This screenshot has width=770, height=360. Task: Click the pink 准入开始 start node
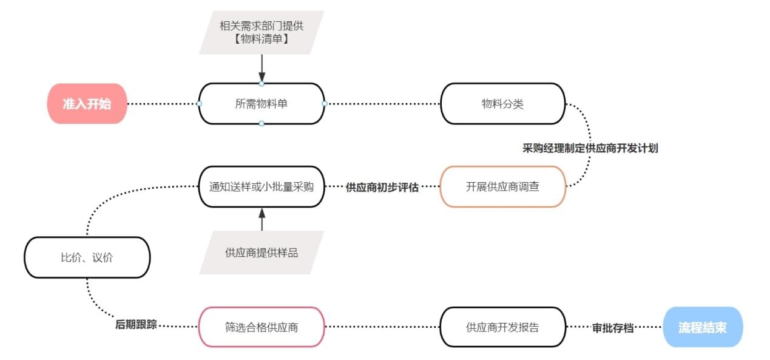(x=87, y=104)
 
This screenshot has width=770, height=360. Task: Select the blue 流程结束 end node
(x=703, y=327)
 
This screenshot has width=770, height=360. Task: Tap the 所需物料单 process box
(x=262, y=104)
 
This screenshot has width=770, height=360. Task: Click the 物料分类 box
(x=502, y=104)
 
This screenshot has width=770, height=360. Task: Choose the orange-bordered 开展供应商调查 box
(x=502, y=186)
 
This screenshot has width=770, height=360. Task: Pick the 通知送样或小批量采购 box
(x=262, y=186)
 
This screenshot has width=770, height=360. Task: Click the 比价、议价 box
(x=87, y=257)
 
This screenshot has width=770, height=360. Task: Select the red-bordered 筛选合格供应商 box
(x=262, y=327)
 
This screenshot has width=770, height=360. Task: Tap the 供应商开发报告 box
(x=502, y=327)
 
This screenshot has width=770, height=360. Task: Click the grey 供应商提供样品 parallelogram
(x=262, y=253)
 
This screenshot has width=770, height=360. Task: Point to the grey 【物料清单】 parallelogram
(x=262, y=32)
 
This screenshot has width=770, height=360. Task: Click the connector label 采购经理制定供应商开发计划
(x=590, y=148)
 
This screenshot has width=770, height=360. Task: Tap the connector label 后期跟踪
(x=136, y=324)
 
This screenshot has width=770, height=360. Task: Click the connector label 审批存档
(x=613, y=328)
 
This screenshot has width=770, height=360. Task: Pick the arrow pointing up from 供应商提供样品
(x=262, y=219)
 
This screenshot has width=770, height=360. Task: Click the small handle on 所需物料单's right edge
(x=324, y=104)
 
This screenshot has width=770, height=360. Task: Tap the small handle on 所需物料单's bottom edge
(x=262, y=123)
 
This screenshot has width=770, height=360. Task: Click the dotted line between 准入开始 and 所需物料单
(x=163, y=104)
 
